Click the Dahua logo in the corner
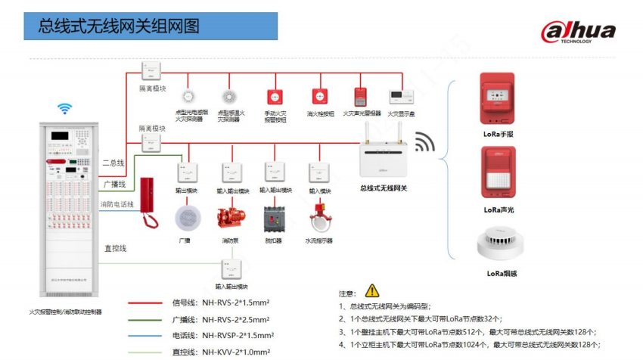[x=578, y=33]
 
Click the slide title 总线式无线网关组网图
[x=120, y=27]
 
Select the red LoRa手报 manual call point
[x=498, y=100]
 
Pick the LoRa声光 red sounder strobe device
[x=498, y=175]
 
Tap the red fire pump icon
[x=231, y=218]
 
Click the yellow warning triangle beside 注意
[x=371, y=290]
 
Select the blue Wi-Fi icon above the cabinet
[x=66, y=109]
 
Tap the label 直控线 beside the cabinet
[x=116, y=248]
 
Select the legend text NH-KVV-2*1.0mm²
[x=235, y=352]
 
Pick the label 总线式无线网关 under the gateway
[x=384, y=188]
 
